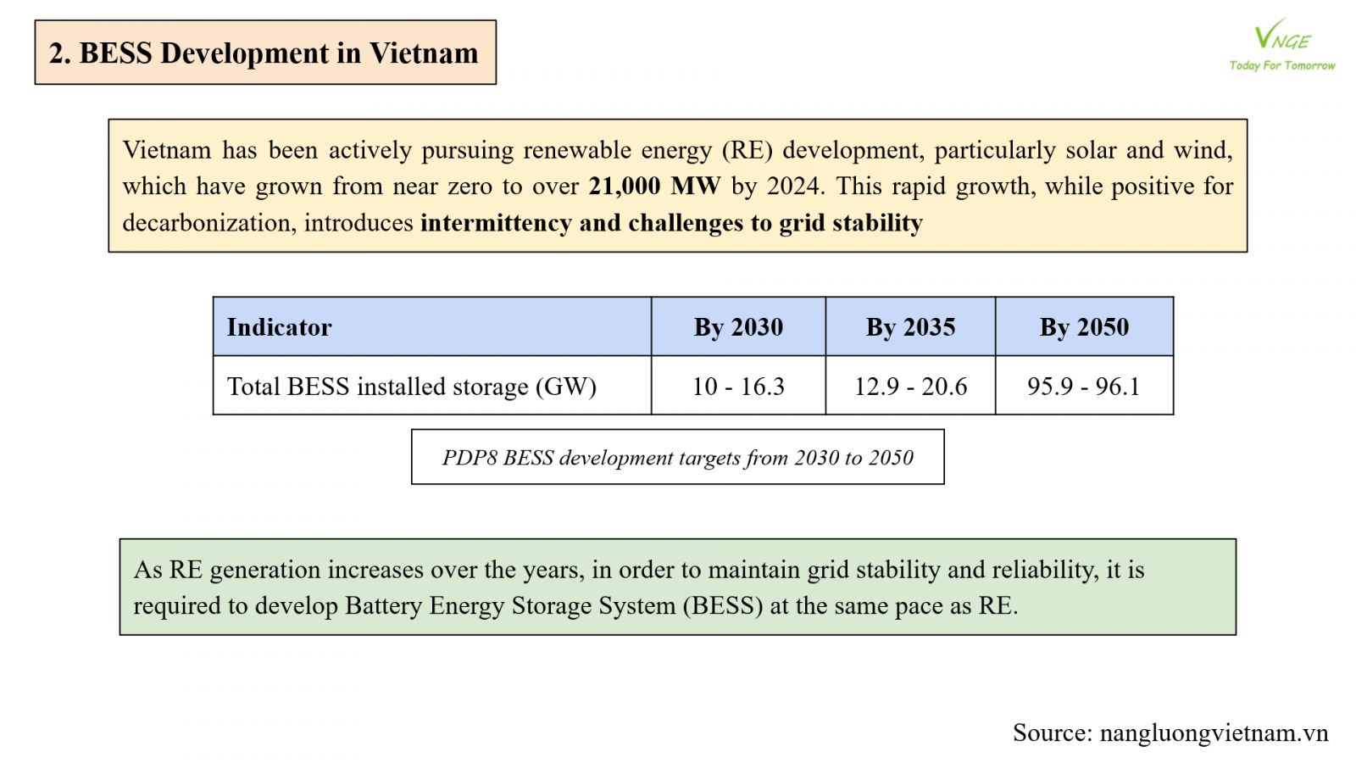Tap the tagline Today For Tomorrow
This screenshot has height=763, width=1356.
(1282, 65)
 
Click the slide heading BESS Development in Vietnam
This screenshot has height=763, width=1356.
(264, 53)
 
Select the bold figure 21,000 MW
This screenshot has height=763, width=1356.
(654, 186)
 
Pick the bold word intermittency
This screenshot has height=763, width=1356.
(496, 223)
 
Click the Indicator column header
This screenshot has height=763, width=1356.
(279, 327)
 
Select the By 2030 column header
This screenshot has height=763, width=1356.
(738, 327)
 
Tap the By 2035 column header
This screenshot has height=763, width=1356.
(910, 327)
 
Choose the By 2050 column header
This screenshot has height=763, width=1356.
(1084, 327)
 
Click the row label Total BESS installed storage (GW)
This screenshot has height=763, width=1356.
(412, 387)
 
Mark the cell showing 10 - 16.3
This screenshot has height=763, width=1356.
(738, 387)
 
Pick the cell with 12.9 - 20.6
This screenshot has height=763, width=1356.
(910, 387)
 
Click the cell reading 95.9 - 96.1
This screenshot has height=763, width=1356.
(1084, 387)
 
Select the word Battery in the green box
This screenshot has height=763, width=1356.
(383, 605)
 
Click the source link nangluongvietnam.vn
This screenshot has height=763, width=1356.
(1214, 733)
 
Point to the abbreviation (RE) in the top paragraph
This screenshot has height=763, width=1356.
(747, 149)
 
